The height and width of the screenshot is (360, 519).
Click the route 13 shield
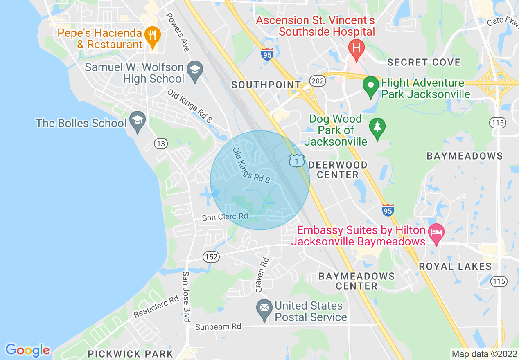161,144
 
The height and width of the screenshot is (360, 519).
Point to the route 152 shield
211,257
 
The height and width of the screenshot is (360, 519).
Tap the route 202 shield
318,81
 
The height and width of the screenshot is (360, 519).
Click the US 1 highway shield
296,161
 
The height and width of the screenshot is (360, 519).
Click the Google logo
27,350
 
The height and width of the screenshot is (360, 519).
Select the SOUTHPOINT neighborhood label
266,85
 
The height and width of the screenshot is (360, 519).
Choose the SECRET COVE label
424,63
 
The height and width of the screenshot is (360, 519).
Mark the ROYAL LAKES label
455,267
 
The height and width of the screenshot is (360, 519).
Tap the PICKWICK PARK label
131,354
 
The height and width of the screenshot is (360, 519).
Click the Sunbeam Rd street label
218,326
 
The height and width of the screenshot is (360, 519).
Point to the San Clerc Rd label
225,216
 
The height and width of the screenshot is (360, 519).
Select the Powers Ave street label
177,32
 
